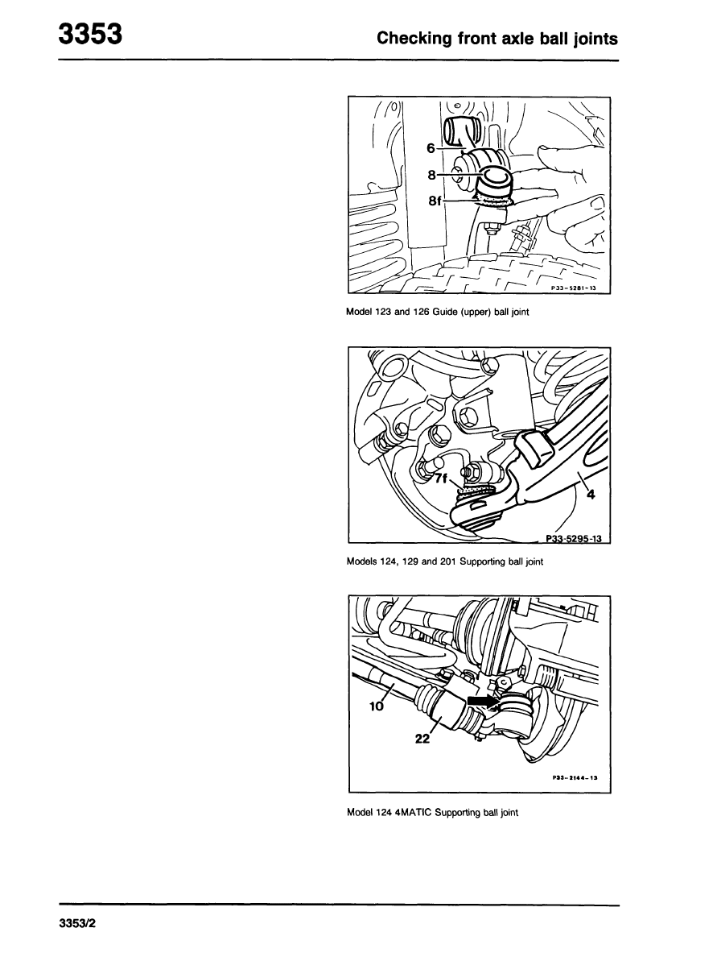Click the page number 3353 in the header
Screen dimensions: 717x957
point(90,34)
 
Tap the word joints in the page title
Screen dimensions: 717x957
point(595,39)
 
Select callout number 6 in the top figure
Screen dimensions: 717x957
point(431,148)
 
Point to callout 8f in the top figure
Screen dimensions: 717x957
point(435,201)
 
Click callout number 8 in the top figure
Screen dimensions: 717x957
point(431,175)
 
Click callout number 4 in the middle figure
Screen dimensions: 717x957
point(590,495)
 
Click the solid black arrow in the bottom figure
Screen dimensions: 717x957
point(482,702)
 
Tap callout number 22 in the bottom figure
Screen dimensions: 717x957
point(422,739)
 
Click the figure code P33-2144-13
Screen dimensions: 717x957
point(575,778)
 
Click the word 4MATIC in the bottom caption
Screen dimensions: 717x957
point(414,812)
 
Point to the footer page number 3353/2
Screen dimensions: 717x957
point(77,941)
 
